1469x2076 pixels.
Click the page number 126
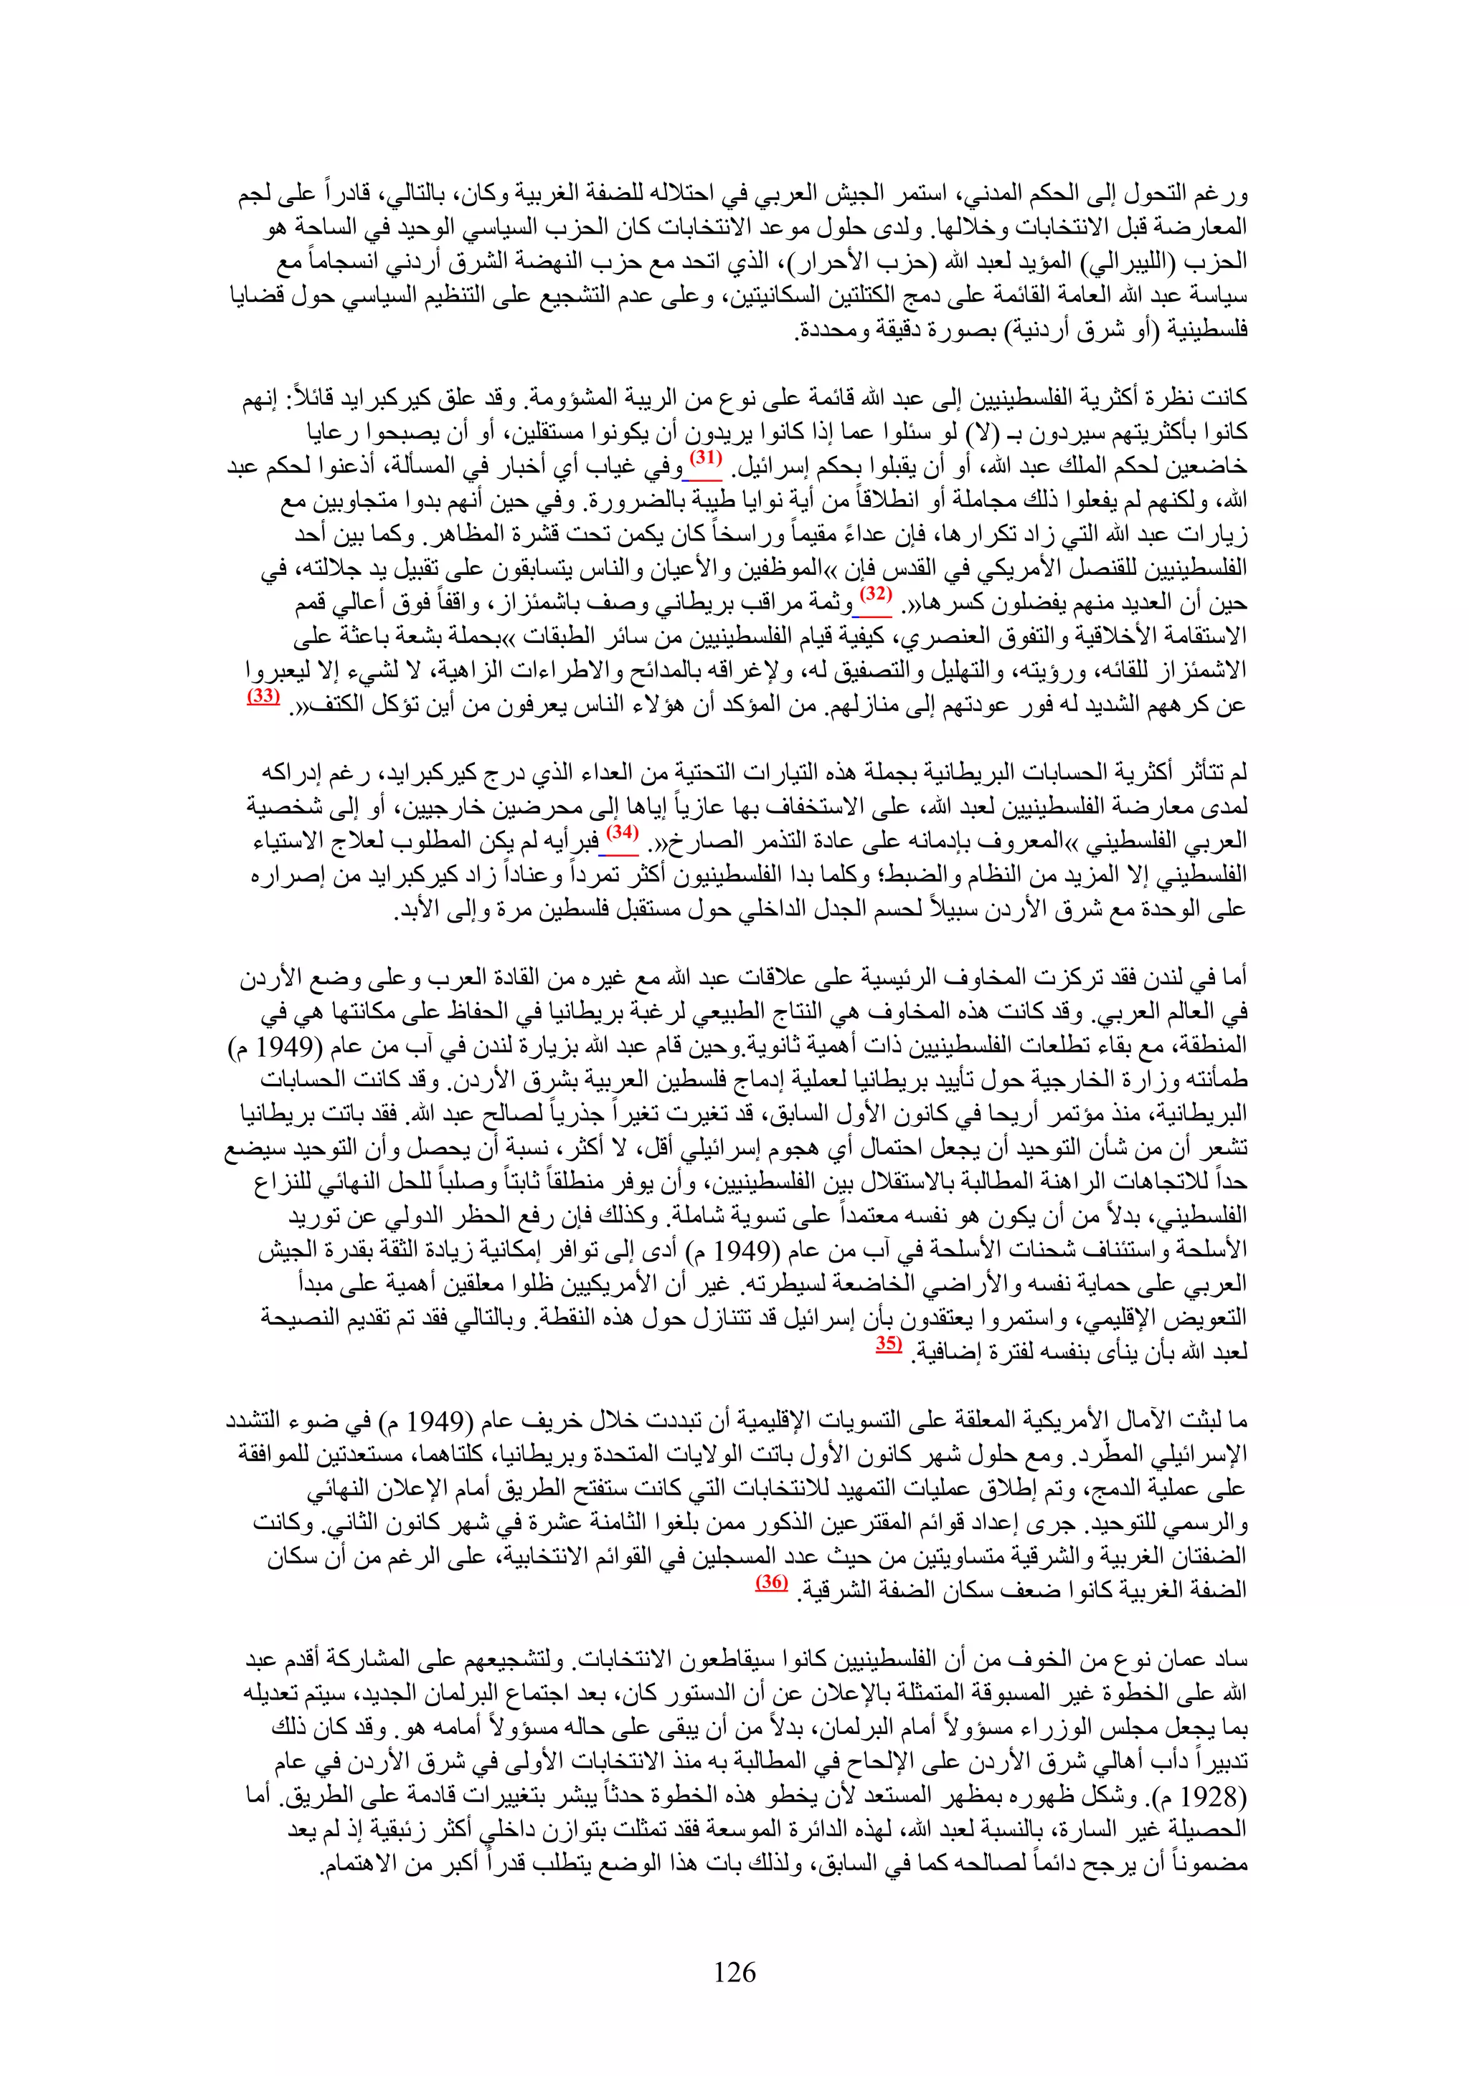click(x=734, y=1971)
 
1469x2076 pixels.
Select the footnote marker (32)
click(x=874, y=595)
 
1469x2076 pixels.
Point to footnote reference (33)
click(x=263, y=696)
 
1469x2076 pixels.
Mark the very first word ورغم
click(x=1219, y=194)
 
